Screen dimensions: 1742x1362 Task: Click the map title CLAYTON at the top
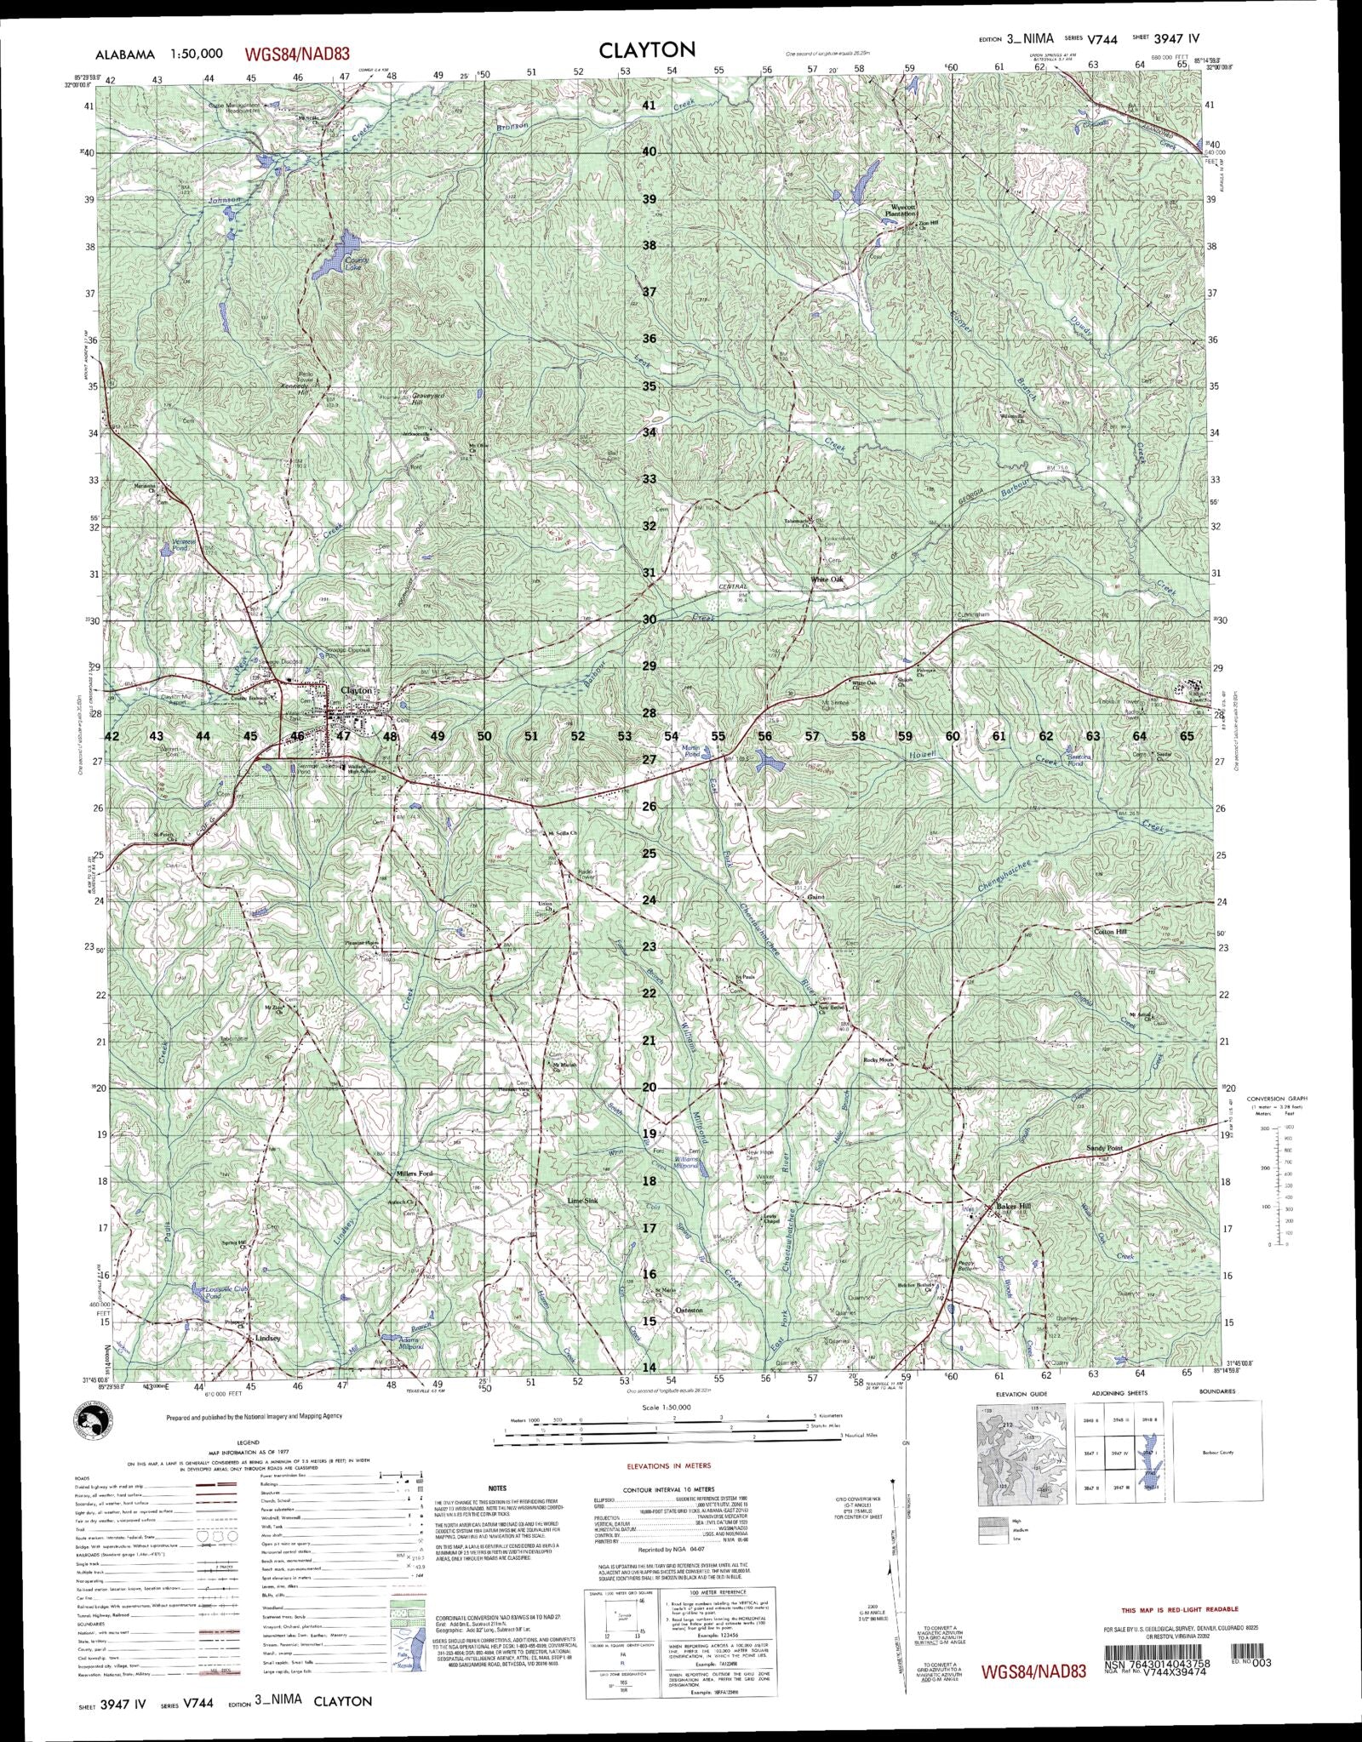(647, 50)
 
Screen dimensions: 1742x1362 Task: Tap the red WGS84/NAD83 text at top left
(298, 54)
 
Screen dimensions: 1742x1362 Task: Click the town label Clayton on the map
(356, 690)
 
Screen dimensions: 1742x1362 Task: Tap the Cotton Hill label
(1109, 932)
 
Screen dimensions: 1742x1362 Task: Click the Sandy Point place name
(1104, 1148)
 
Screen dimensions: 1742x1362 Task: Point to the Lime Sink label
(586, 1201)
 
